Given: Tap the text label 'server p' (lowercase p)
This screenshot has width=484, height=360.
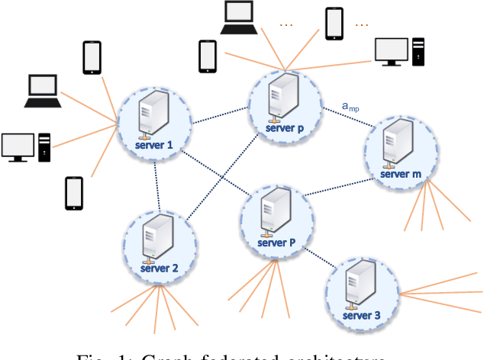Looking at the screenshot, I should pos(285,129).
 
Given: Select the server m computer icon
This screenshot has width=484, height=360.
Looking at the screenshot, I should pos(391,143).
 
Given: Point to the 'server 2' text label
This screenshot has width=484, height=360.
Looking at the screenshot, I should pos(160,268).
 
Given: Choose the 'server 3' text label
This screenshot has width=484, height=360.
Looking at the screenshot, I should pos(362,315).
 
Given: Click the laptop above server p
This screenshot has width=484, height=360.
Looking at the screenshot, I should pos(239,18).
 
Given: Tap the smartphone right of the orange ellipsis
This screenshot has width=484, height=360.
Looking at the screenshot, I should pos(334,24).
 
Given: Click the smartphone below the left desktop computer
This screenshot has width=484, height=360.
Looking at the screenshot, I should pos(74,193).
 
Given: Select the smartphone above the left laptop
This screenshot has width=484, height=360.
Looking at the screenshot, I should pos(92,56).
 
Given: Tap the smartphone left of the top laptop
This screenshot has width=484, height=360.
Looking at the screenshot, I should pos(207,56).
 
